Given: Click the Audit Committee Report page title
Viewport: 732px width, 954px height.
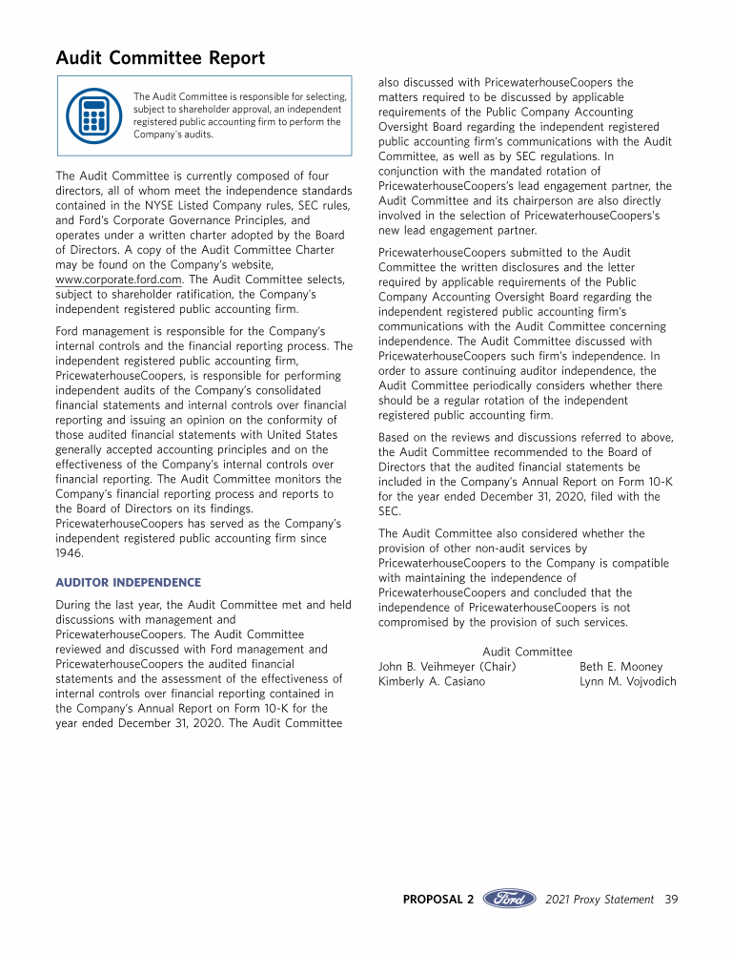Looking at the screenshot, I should click(160, 58).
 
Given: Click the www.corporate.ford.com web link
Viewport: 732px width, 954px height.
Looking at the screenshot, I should click(118, 279).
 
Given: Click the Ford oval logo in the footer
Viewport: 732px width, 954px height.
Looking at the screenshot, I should click(510, 899).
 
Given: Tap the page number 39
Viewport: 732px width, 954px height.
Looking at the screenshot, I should click(671, 899).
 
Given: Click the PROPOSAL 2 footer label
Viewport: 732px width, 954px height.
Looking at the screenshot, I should click(438, 899).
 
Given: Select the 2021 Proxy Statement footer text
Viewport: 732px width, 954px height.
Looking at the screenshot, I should click(600, 899).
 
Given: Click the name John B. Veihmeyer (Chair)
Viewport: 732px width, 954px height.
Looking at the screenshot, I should click(447, 667).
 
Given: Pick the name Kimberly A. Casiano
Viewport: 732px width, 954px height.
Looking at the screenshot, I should click(432, 682).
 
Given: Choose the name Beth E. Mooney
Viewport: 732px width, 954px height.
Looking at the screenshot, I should click(620, 667).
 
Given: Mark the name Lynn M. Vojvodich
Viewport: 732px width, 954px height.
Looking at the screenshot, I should click(627, 682).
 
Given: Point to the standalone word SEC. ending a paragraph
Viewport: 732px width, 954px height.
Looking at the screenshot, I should click(390, 511).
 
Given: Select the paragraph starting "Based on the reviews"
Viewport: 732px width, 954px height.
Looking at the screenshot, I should click(526, 474).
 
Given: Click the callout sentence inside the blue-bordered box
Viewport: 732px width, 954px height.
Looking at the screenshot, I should click(240, 115).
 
